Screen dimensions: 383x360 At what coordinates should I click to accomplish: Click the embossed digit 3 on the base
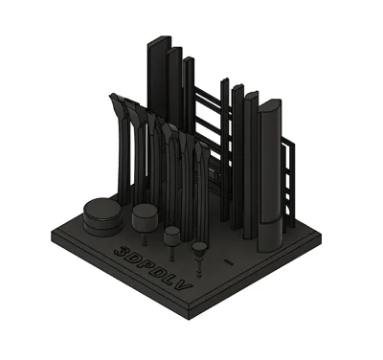pyautogui.click(x=122, y=251)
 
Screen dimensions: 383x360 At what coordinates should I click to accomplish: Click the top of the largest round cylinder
pyautogui.click(x=102, y=209)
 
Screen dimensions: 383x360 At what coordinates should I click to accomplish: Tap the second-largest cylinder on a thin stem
pyautogui.click(x=145, y=218)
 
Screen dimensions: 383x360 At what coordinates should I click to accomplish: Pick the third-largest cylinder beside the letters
pyautogui.click(x=172, y=236)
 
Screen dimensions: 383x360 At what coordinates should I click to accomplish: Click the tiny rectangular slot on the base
pyautogui.click(x=229, y=262)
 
